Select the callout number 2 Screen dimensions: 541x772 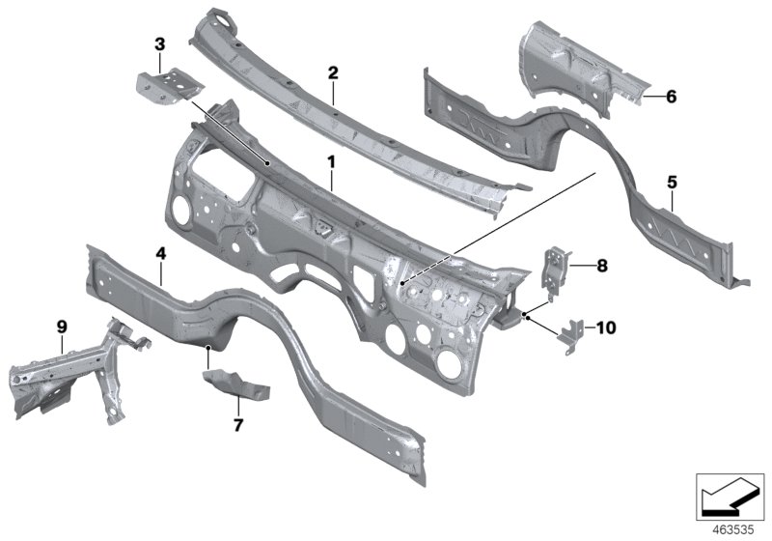pos(333,72)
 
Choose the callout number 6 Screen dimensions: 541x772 pos(672,96)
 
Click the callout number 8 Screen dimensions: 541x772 pos(601,264)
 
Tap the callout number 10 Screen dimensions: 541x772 pos(606,328)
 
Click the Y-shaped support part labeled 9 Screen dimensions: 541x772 pos(77,377)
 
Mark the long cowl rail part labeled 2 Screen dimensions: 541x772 pos(347,116)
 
